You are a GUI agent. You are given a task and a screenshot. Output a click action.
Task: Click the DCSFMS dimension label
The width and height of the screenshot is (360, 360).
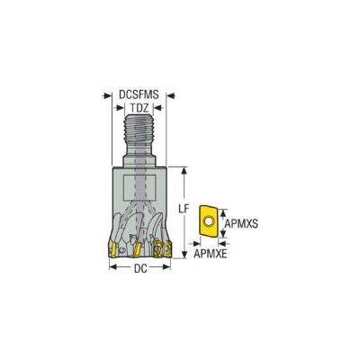139,94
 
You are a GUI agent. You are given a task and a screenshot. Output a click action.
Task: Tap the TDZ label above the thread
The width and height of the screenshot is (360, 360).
139,108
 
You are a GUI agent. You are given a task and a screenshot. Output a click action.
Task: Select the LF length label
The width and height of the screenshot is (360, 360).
183,209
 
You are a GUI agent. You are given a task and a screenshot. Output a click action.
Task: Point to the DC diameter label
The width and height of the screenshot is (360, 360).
140,268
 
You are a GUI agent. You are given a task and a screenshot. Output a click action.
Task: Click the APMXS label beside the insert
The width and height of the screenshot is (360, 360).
241,223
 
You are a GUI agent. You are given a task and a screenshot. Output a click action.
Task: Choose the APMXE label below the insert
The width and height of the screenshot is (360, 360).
211,254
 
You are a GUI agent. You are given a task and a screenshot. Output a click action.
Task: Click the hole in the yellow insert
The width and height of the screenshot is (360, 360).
208,221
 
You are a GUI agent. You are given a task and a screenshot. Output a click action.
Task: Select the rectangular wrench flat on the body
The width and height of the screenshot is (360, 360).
139,188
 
